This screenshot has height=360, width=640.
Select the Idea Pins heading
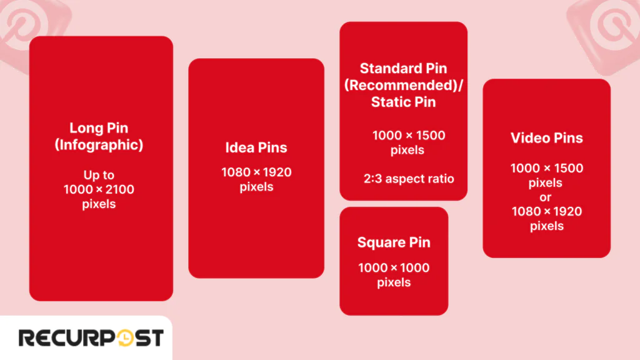click(x=256, y=147)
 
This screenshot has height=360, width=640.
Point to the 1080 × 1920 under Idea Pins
click(x=256, y=172)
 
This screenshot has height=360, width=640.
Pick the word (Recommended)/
click(x=404, y=85)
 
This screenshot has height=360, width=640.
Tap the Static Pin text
click(x=404, y=101)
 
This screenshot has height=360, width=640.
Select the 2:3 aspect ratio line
click(x=409, y=179)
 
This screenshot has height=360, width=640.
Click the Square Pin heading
click(x=394, y=242)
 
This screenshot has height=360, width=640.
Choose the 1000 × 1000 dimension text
click(x=394, y=267)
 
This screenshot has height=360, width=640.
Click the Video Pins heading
click(x=547, y=138)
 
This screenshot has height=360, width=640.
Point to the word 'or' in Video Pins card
click(x=547, y=197)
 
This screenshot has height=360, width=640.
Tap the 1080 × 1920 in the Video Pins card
click(x=547, y=211)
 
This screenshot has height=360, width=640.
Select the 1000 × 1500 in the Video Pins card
click(x=547, y=168)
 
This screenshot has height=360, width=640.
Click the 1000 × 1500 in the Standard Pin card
click(x=409, y=136)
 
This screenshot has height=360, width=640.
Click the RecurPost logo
click(x=91, y=338)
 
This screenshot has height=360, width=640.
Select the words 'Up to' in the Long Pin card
click(x=99, y=175)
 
